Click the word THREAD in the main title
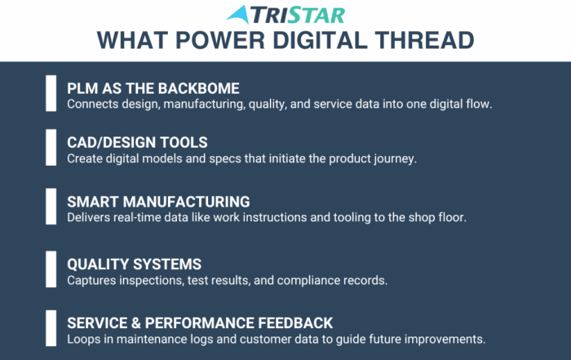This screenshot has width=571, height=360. coord(425,40)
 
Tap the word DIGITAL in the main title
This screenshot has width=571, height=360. coord(320,40)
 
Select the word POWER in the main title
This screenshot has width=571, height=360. coord(220,40)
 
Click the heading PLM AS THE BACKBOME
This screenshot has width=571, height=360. coord(153,88)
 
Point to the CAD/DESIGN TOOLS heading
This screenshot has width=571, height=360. coord(137,143)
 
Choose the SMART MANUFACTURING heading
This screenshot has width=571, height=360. coord(158,202)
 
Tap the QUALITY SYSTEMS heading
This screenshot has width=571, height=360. coord(134,264)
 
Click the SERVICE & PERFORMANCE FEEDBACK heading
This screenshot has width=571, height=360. coord(200,323)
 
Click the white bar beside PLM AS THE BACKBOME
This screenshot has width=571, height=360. coord(51,93)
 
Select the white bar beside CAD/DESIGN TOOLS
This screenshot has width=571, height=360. coord(51,148)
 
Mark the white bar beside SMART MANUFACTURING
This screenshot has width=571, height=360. coord(51,207)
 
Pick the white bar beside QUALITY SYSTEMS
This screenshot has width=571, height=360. coord(51,269)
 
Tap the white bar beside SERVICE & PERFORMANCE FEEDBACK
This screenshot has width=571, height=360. coord(51,328)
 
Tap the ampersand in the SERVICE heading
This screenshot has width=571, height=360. coord(136,323)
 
